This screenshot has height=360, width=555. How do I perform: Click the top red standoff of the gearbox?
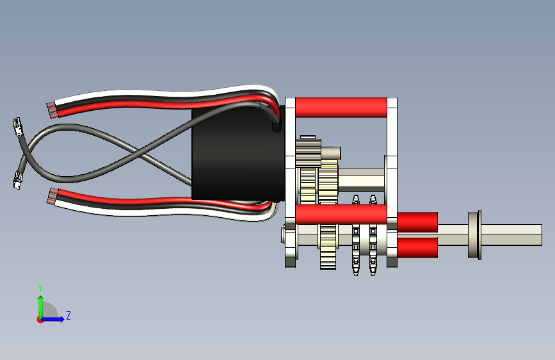pyautogui.click(x=341, y=106)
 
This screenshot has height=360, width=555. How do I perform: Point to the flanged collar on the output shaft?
pyautogui.click(x=474, y=234)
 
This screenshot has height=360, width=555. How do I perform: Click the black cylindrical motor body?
pyautogui.click(x=237, y=154)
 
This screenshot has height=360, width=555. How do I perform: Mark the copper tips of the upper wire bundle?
pyautogui.click(x=51, y=110)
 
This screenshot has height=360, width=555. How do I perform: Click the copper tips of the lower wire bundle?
pyautogui.click(x=51, y=196)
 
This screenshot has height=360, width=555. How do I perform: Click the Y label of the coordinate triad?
pyautogui.click(x=40, y=288)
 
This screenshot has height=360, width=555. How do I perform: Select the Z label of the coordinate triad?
pyautogui.click(x=68, y=316)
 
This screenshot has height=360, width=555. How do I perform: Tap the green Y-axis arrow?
pyautogui.click(x=40, y=305)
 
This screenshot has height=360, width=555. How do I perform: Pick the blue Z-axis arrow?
pyautogui.click(x=55, y=319)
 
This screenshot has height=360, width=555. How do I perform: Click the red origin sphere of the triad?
pyautogui.click(x=40, y=319)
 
